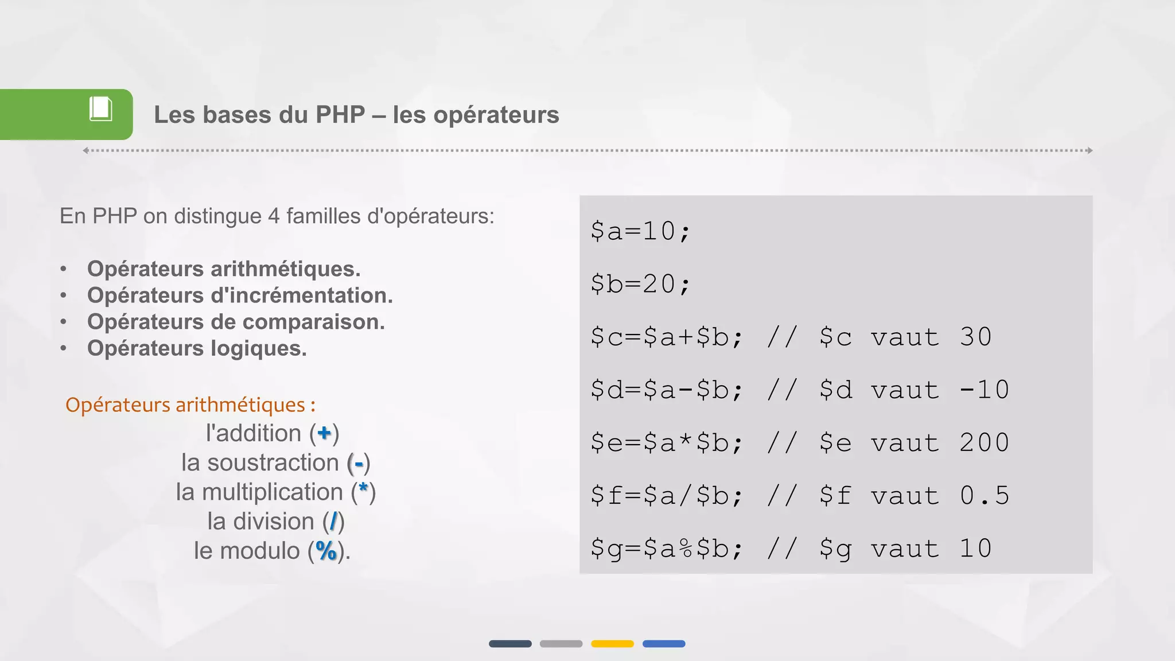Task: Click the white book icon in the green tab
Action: pos(100,109)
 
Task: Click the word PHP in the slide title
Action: pos(340,115)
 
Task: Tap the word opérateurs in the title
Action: pos(496,115)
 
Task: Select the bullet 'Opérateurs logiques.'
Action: pos(197,348)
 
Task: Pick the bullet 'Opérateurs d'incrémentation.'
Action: pos(240,295)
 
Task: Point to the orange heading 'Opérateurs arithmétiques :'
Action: pos(190,405)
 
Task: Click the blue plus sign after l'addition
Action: pos(324,433)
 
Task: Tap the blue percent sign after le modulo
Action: pos(326,551)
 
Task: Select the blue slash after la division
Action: pos(333,522)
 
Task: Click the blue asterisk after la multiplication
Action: pos(363,489)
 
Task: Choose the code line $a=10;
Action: pos(640,231)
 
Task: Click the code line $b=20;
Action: pos(640,284)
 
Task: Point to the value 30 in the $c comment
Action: pos(975,337)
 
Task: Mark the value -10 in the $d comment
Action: pos(985,390)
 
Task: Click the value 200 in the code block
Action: pos(984,443)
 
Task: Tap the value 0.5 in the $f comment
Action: pos(984,496)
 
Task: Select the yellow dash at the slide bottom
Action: pos(612,644)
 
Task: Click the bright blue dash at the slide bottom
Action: pos(664,644)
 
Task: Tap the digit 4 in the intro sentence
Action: pos(274,216)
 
